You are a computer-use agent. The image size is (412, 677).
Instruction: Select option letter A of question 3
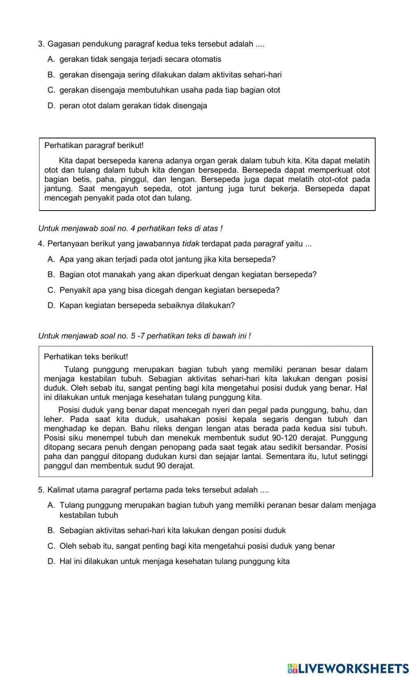51,59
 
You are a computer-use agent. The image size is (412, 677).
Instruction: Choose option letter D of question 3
51,106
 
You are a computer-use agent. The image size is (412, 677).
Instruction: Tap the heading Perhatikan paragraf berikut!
94,145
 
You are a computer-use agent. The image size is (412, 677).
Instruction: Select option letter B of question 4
51,275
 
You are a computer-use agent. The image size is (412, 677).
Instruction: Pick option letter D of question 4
51,306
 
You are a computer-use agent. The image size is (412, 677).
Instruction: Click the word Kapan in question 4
70,306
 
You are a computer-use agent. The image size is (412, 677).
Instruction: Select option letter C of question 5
51,546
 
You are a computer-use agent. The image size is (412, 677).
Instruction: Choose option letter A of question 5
51,506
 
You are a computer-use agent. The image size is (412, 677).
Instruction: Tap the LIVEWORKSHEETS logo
348,668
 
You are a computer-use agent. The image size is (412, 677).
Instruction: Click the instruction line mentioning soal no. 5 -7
144,336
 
